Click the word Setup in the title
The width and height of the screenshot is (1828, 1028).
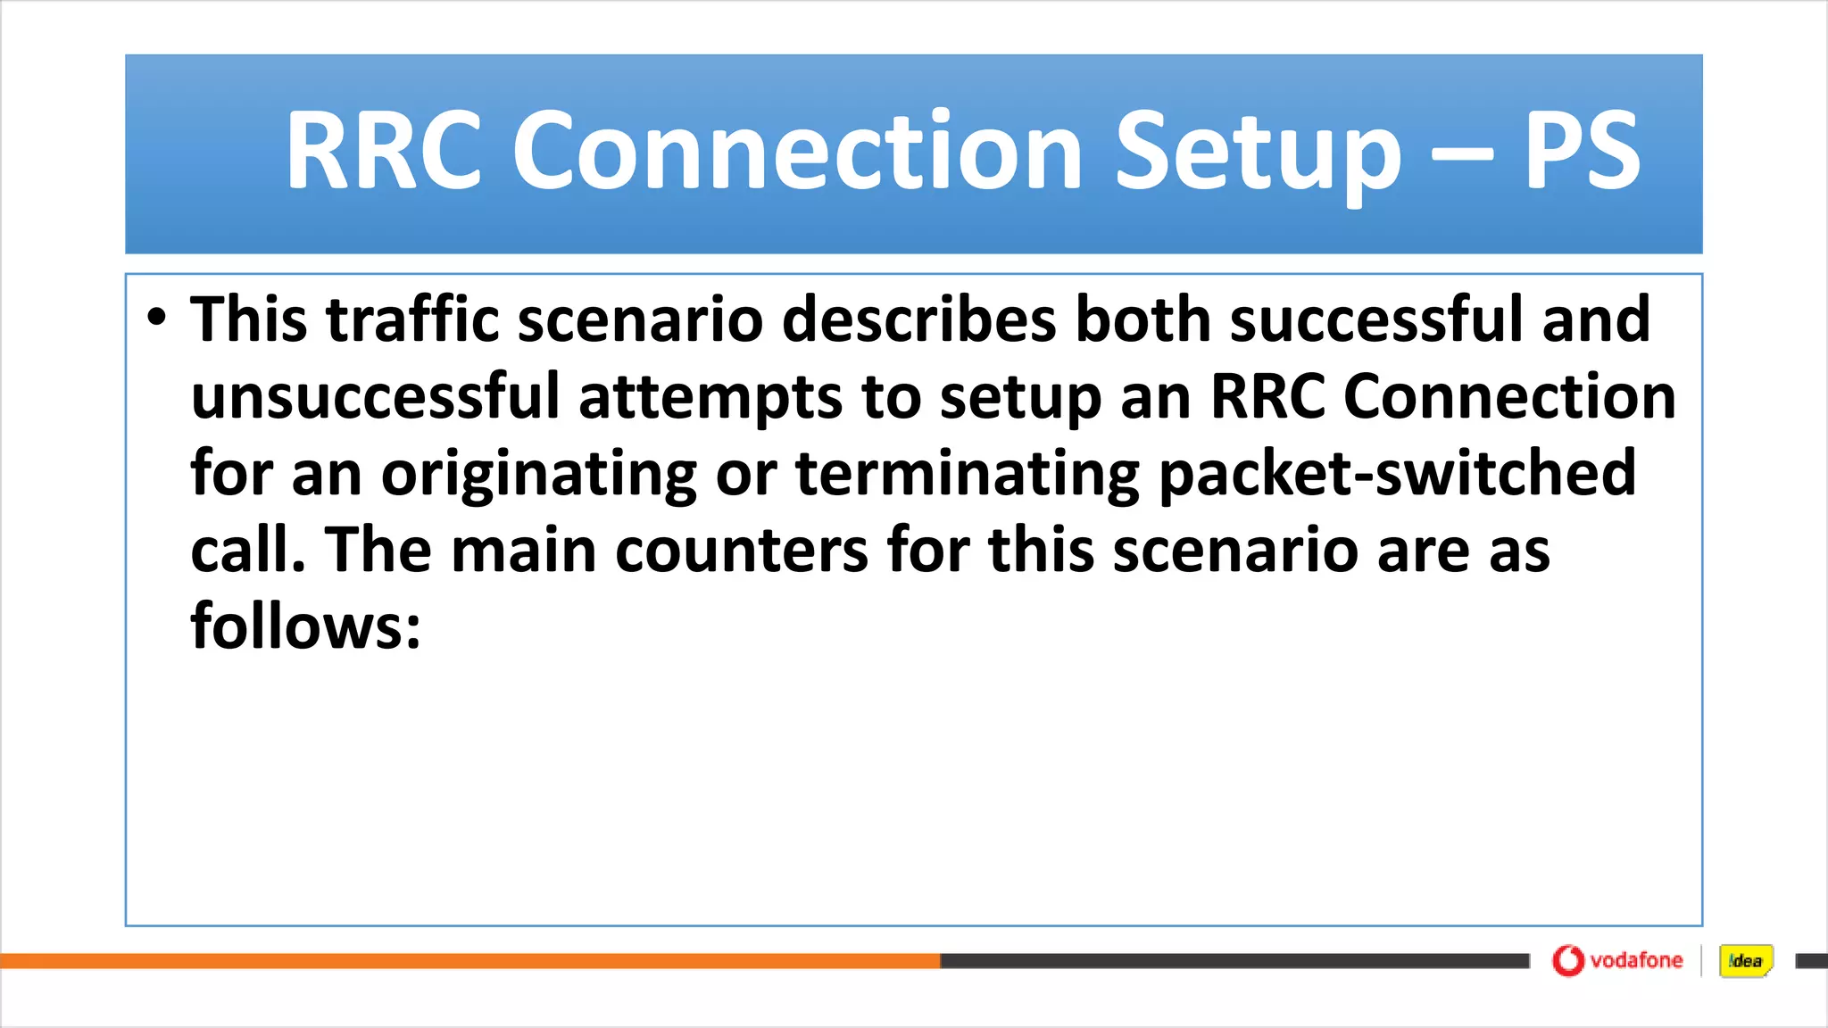1259,152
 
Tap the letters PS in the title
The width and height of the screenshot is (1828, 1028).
1582,152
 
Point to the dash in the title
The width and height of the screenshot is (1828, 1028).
1461,153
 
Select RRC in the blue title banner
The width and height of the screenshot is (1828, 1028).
384,152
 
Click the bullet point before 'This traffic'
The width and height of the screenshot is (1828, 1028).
157,319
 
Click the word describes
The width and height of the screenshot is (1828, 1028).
919,319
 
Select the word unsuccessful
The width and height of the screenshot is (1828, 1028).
375,396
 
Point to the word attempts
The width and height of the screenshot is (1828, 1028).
710,396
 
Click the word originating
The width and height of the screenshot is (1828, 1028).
539,474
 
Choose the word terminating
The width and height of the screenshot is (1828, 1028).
968,474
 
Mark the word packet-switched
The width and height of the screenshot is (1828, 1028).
1397,474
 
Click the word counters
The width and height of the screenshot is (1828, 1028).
741,551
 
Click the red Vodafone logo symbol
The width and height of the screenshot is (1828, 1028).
1567,960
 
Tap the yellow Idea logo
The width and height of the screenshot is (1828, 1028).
1745,961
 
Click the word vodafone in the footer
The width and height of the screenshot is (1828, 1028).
1636,960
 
